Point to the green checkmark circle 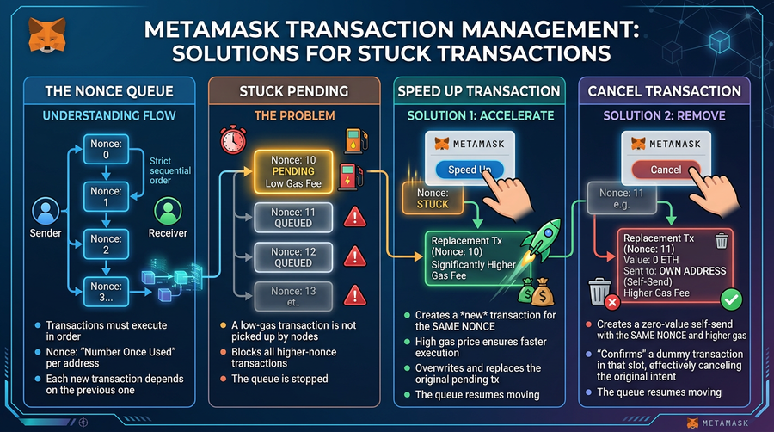[x=730, y=299]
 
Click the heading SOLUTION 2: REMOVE [x=664, y=115]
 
